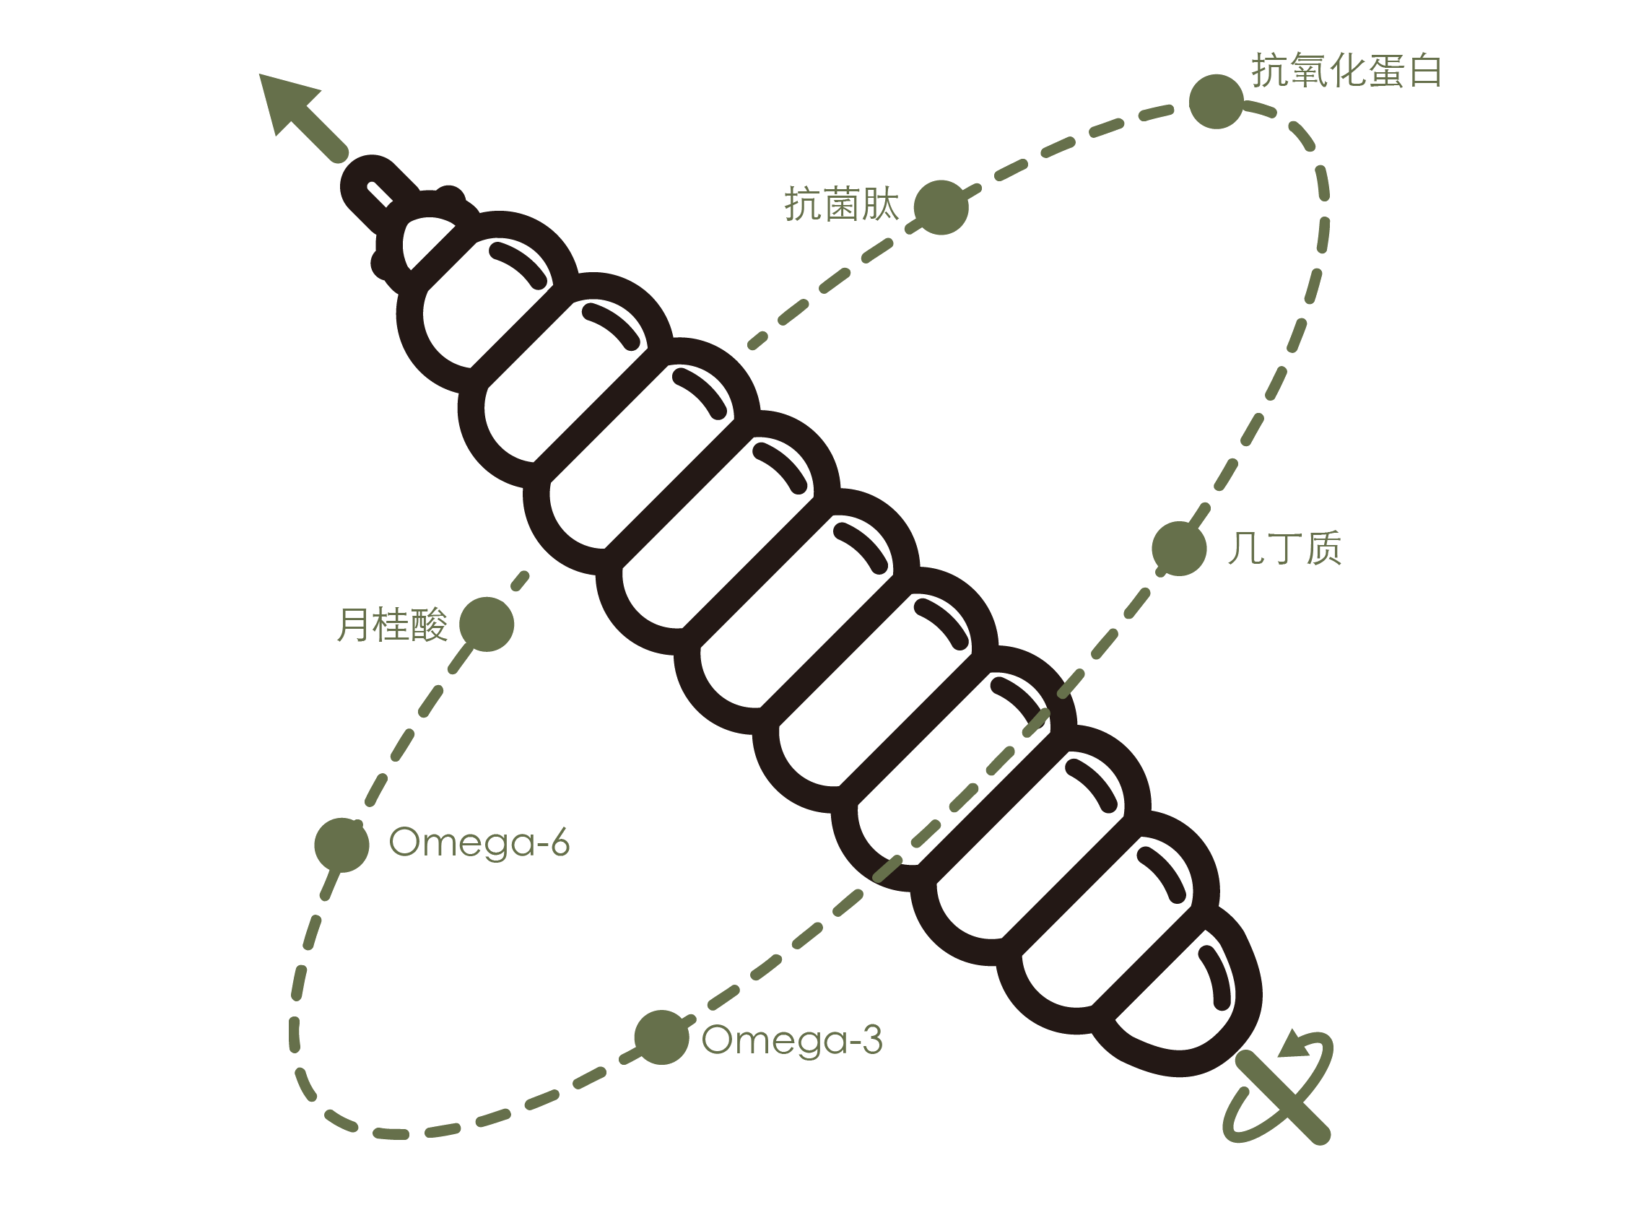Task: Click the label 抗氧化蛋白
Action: [x=1346, y=71]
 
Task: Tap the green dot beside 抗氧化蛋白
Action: [x=1216, y=102]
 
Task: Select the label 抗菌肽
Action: [x=842, y=204]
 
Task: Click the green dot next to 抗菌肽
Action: [x=941, y=207]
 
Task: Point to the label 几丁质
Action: [x=1284, y=548]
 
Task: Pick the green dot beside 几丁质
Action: [x=1179, y=549]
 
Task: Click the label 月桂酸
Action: [x=392, y=624]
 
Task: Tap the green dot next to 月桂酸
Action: [x=486, y=624]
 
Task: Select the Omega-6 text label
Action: [x=479, y=842]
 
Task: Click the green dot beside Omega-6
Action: [x=341, y=845]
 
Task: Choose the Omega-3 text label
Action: [x=791, y=1040]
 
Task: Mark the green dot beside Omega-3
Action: [x=661, y=1037]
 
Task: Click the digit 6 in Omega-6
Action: [x=560, y=842]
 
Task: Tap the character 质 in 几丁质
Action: [x=1323, y=548]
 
